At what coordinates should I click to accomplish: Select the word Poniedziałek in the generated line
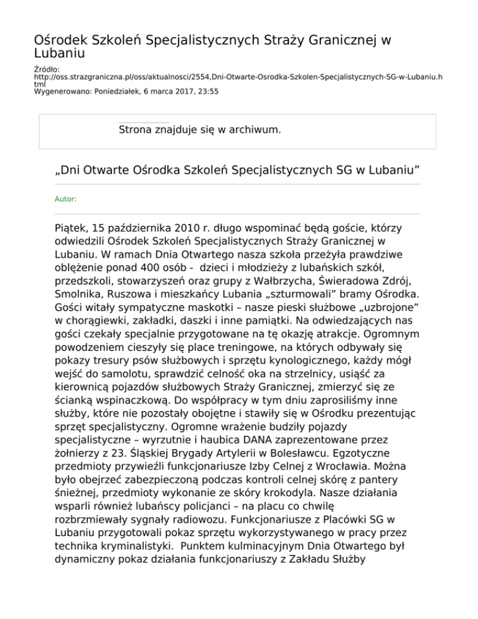116,92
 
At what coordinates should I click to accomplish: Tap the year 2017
180,92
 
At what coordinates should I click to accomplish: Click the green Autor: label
66,199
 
